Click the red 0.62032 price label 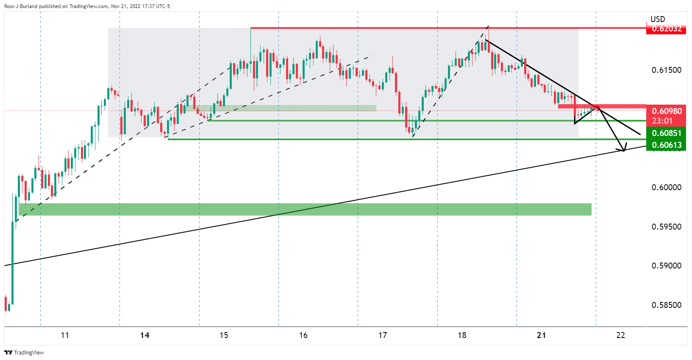(666, 29)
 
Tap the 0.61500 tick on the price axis (666, 70)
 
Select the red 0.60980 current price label (666, 111)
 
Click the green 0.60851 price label (666, 133)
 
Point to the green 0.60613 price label (666, 145)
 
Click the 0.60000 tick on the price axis (666, 187)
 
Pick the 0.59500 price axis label (666, 227)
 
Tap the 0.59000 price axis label (666, 266)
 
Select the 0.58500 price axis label (666, 305)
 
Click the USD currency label (658, 19)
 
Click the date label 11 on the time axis (65, 335)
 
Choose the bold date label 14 (145, 335)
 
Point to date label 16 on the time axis (303, 335)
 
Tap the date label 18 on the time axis (462, 335)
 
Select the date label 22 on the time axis (620, 335)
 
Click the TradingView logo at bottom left (24, 352)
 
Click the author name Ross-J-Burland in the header (21, 6)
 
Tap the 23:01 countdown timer (662, 121)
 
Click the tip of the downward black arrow (623, 150)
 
